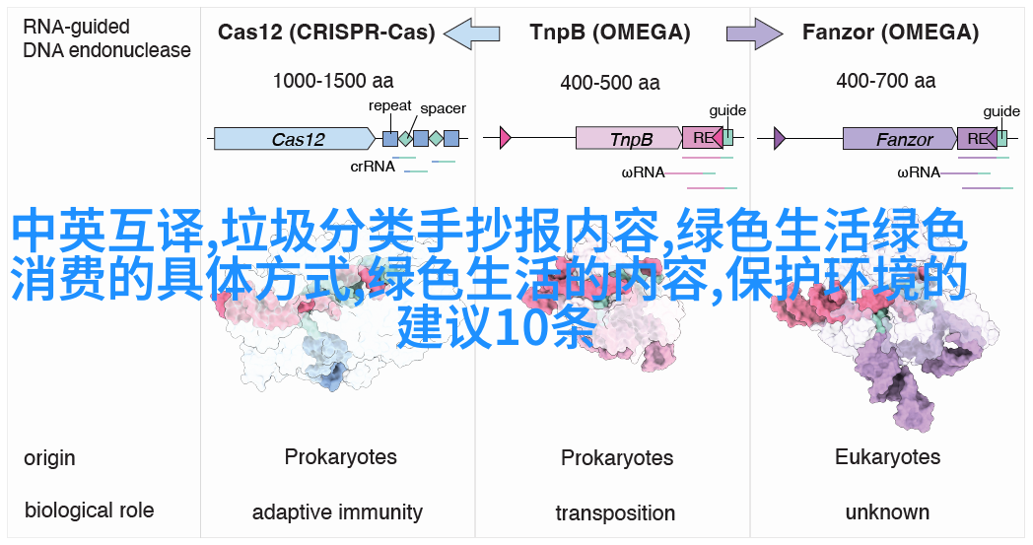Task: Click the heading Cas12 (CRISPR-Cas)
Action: click(326, 33)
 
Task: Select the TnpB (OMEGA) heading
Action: click(610, 33)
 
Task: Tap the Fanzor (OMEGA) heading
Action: click(890, 33)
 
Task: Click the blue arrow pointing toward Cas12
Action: click(472, 33)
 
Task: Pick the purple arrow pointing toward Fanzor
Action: click(754, 33)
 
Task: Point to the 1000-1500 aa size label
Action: click(333, 81)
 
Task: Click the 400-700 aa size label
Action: click(885, 81)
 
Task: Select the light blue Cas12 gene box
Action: click(295, 138)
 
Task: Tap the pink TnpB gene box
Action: click(629, 138)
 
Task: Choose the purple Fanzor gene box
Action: click(900, 138)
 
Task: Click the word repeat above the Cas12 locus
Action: click(390, 106)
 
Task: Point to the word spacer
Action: click(443, 108)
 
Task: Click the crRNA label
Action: click(373, 167)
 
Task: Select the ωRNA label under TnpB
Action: click(643, 172)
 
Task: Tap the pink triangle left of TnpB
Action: click(506, 138)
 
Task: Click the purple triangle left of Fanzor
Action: click(780, 138)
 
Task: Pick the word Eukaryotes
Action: click(887, 456)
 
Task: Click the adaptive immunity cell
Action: click(337, 512)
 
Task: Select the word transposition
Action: click(615, 512)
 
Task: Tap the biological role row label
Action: click(89, 511)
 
